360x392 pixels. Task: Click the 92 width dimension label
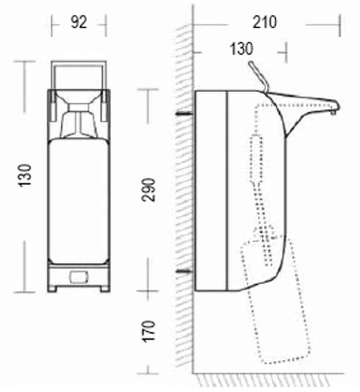coord(79,22)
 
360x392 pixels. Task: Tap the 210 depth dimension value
coord(264,22)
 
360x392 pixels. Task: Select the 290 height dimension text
coord(148,190)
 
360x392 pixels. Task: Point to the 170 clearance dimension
coord(148,331)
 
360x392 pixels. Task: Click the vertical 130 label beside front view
coord(24,175)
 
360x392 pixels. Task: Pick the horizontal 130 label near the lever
coord(241,49)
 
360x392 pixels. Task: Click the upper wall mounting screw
coord(184,114)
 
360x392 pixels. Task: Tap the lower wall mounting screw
coord(184,271)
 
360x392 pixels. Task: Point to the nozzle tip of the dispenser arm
coord(334,113)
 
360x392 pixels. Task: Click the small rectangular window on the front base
coord(79,277)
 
